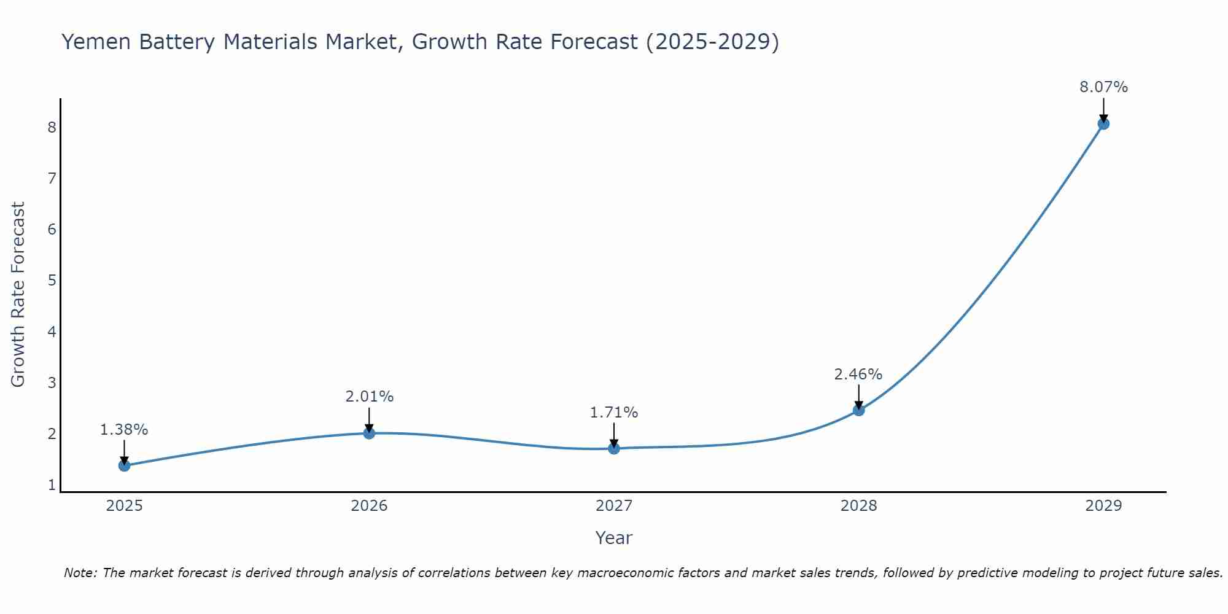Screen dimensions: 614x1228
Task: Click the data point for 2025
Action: [124, 465]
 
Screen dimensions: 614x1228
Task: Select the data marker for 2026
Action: [369, 433]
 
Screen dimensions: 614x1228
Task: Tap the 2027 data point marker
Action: [614, 449]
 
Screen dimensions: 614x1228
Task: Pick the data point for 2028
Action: [858, 410]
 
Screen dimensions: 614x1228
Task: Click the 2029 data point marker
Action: [1103, 124]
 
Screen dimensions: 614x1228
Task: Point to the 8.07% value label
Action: [1103, 87]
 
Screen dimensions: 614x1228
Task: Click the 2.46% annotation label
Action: [858, 374]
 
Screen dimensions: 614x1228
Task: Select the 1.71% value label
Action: [614, 413]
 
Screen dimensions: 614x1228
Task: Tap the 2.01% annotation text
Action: [369, 397]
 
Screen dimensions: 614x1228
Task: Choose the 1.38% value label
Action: [124, 430]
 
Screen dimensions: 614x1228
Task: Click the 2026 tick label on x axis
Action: [369, 506]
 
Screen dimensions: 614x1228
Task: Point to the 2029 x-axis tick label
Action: [1103, 506]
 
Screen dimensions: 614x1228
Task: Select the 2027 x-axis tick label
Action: [614, 506]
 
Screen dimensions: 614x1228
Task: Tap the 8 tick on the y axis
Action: [52, 128]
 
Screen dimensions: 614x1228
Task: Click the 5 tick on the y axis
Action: [52, 281]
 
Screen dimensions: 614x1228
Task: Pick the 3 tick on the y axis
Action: [52, 383]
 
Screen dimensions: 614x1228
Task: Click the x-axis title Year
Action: [614, 538]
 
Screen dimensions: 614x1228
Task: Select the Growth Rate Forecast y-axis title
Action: [18, 295]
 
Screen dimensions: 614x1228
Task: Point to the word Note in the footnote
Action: [80, 573]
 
